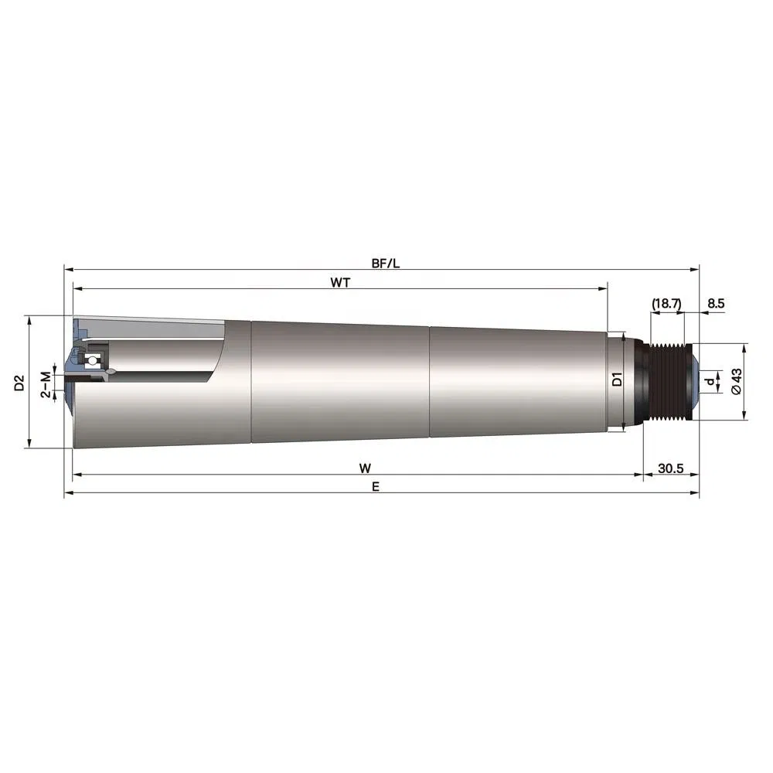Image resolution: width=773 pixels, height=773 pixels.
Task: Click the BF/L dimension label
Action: pos(385,263)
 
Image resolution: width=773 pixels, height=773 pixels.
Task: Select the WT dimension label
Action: pos(340,282)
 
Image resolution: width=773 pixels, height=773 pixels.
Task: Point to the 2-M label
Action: pos(46,383)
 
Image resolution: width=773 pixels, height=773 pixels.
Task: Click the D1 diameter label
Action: pos(617,380)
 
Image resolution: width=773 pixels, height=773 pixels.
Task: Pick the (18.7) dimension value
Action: pos(666,304)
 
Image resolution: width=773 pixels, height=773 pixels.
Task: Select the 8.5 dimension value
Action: pos(716,304)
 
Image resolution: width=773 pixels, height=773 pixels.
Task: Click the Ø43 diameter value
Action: pos(736,381)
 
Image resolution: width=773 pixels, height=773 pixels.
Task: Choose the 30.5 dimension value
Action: pos(671,468)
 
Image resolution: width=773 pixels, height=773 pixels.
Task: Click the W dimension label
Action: pos(364,468)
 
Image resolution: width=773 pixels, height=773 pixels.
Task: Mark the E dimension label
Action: pos(375,486)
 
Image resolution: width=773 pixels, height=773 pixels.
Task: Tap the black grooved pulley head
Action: pos(664,381)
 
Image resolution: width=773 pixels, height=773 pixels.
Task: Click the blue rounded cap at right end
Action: pos(693,381)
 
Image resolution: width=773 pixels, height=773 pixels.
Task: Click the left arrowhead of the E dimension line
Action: pos(68,492)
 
